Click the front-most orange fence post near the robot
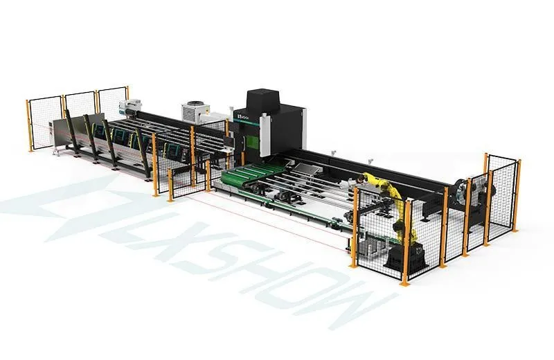pyautogui.click(x=406, y=242)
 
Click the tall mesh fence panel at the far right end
pyautogui.click(x=501, y=190)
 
